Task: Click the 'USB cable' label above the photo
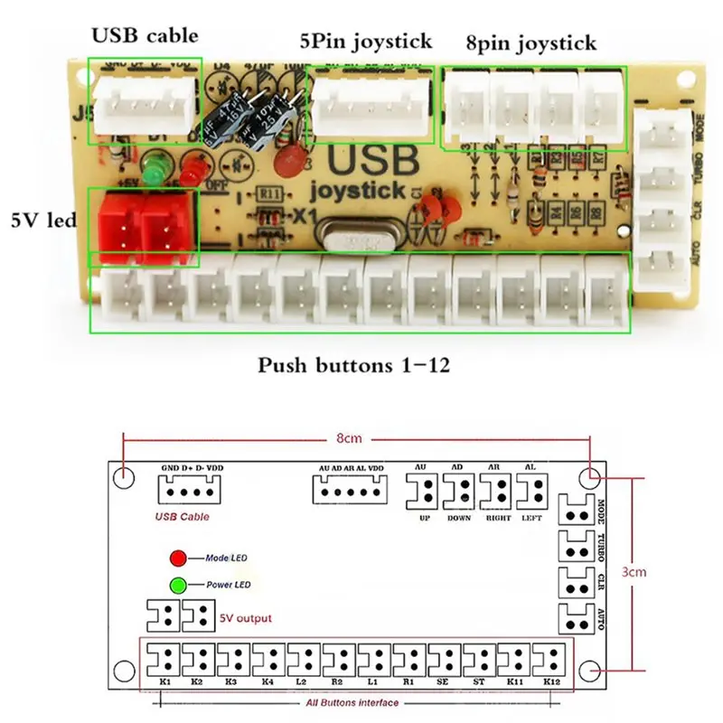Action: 145,37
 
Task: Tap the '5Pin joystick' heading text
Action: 366,41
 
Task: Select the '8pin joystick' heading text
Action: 531,42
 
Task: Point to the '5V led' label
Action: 42,220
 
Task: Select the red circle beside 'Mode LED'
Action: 177,559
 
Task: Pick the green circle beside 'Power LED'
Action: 177,585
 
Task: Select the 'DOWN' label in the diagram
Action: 459,518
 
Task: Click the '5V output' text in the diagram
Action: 245,618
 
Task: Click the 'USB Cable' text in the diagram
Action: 183,517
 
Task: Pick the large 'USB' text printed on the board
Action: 373,162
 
